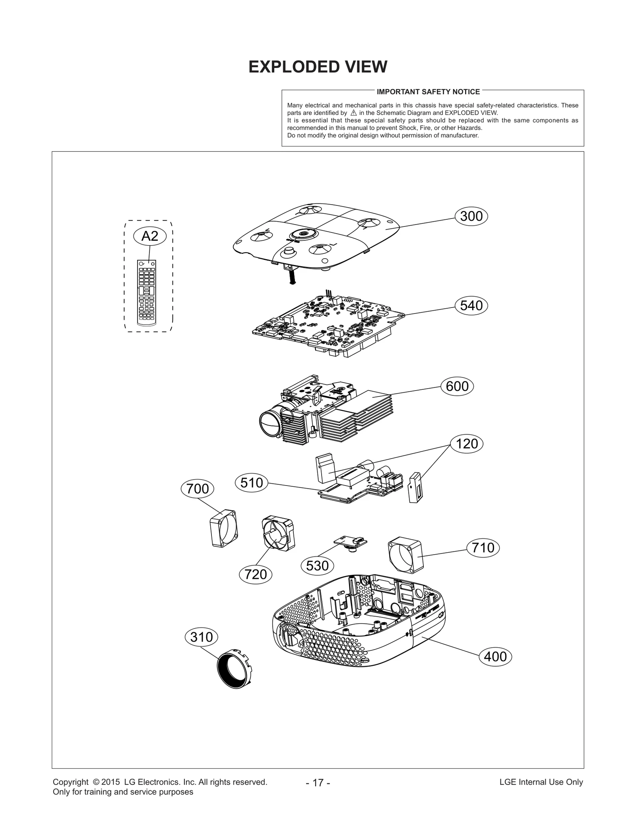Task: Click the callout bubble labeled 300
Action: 471,216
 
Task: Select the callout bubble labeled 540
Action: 471,306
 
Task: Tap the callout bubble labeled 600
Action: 457,386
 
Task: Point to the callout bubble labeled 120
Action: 467,443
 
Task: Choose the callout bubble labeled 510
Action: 252,483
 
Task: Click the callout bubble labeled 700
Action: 197,488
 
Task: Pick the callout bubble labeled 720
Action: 256,574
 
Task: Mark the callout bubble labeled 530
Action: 317,565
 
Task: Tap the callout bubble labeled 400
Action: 495,656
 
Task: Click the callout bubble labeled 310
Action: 202,637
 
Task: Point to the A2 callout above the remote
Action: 149,236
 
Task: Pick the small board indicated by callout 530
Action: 350,542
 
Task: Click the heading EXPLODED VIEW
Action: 318,67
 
